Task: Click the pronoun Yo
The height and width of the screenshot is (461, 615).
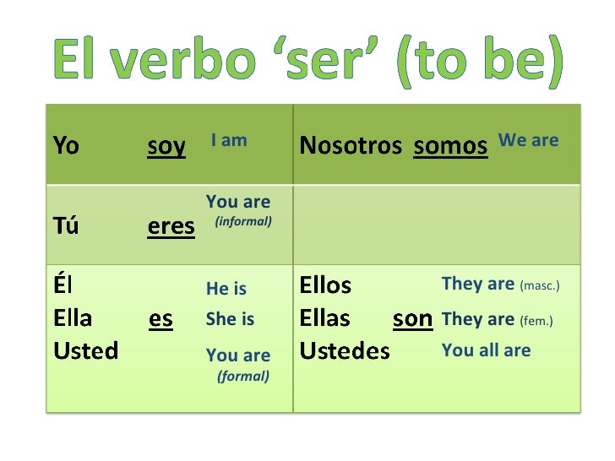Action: (66, 146)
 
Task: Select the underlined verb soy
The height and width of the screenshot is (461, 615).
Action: (166, 146)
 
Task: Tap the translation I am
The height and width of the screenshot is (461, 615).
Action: (229, 140)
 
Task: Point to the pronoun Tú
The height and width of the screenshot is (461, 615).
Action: (66, 225)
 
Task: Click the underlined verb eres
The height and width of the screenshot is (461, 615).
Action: (171, 226)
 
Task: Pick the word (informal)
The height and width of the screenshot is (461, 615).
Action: (243, 221)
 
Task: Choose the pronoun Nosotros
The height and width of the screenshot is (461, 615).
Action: (351, 146)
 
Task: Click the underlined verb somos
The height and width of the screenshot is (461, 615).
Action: (450, 146)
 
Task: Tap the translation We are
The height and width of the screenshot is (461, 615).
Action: (529, 140)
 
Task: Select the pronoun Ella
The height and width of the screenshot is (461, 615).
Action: (73, 318)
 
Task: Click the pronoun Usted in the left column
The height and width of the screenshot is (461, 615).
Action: (85, 350)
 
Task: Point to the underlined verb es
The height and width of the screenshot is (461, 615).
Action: (161, 319)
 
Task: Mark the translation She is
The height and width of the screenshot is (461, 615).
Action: (230, 319)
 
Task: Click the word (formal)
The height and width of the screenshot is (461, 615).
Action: (243, 376)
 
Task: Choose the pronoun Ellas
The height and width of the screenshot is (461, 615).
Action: (324, 318)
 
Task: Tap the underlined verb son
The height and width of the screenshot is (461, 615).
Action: (413, 319)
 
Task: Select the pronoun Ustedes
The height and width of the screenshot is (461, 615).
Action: (345, 350)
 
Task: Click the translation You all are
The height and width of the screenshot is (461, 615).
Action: (486, 350)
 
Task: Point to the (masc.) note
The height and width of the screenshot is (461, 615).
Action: (540, 286)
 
